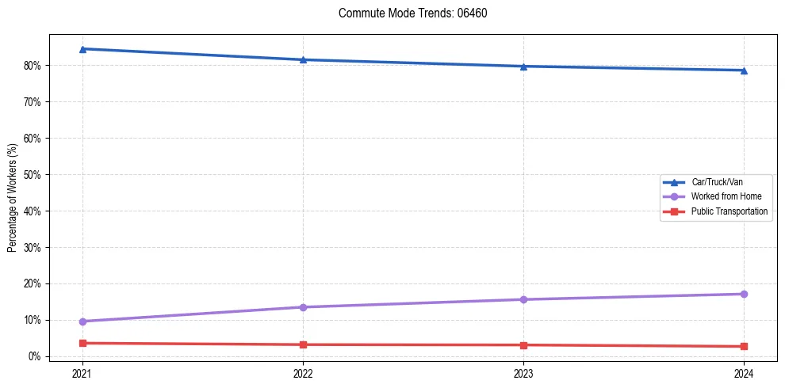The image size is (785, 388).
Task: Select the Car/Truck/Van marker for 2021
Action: (x=82, y=49)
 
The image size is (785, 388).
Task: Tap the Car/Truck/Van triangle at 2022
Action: (x=303, y=59)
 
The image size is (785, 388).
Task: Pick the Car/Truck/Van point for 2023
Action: (x=523, y=67)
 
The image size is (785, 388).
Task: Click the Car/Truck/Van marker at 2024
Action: (x=744, y=70)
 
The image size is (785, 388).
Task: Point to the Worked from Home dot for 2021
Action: (x=82, y=321)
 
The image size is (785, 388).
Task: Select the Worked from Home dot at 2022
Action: (x=303, y=307)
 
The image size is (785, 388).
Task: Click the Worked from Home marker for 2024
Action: (x=744, y=294)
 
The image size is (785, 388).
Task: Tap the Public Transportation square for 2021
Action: (x=82, y=343)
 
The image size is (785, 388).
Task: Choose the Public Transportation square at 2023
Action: (x=523, y=345)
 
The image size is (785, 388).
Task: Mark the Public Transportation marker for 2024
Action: (x=744, y=346)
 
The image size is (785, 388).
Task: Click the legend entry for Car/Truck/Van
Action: (x=717, y=182)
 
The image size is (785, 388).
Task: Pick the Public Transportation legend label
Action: (x=729, y=211)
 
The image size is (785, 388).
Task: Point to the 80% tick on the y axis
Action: (x=34, y=66)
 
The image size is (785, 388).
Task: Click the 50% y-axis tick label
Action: (x=34, y=175)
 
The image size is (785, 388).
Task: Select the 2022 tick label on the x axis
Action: (x=303, y=372)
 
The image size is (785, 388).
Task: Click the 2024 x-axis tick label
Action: (x=744, y=372)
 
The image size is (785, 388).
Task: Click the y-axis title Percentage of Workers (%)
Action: (x=13, y=198)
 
